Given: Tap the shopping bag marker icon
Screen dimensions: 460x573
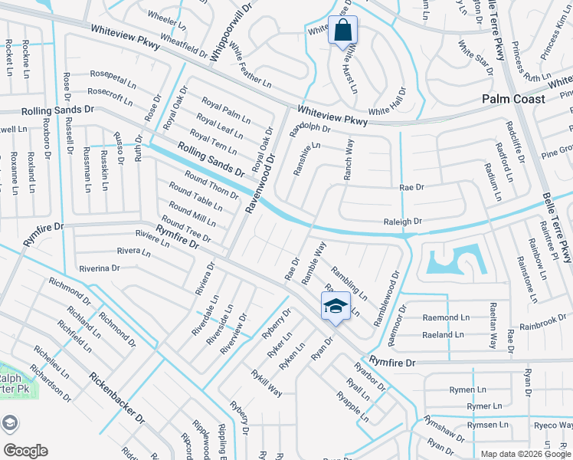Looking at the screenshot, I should [342, 31].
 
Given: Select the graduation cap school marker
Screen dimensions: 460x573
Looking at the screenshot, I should [335, 306].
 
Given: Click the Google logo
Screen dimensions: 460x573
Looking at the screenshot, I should [25, 451].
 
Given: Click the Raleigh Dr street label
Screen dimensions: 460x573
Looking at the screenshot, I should [402, 221].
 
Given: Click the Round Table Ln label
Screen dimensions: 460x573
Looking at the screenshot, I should [196, 196].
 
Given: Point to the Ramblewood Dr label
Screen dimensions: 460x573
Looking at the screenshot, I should [387, 299].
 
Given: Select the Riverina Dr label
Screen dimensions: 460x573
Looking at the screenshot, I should [99, 268].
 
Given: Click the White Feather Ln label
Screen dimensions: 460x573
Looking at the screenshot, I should [250, 66].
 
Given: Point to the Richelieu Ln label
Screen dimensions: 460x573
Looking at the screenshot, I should [51, 363].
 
